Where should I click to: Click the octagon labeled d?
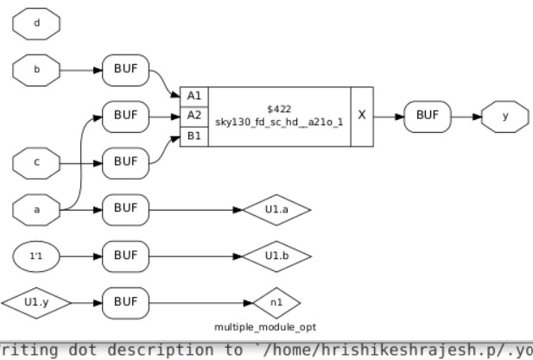point(35,22)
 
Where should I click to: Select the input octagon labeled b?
point(35,68)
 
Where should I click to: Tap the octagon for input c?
point(35,161)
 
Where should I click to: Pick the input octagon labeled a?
point(35,208)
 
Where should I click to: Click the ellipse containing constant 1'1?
point(35,256)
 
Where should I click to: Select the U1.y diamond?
point(35,302)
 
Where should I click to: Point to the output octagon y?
point(504,115)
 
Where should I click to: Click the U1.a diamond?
point(276,209)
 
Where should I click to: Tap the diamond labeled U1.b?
point(276,256)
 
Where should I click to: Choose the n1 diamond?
point(276,302)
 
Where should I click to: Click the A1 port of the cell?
point(194,95)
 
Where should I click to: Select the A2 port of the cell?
point(194,115)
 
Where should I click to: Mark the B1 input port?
point(194,136)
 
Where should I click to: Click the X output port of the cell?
point(362,116)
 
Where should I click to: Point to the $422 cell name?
point(279,108)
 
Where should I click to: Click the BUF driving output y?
point(428,115)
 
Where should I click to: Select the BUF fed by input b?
point(125,68)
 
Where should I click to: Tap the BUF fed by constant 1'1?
point(125,256)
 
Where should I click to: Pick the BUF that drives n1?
point(125,302)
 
